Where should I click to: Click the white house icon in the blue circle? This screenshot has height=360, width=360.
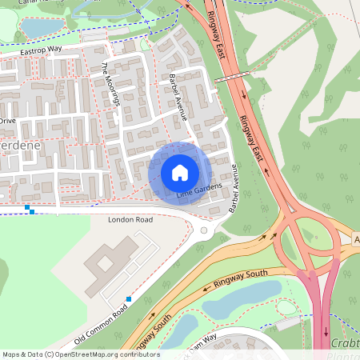pos(202,173)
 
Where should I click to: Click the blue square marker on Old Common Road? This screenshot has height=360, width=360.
pos(128,298)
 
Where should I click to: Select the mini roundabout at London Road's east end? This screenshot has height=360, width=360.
pos(203,231)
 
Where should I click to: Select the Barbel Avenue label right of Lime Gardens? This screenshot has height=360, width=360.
pos(244,188)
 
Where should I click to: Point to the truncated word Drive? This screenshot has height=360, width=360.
pos(8,120)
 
